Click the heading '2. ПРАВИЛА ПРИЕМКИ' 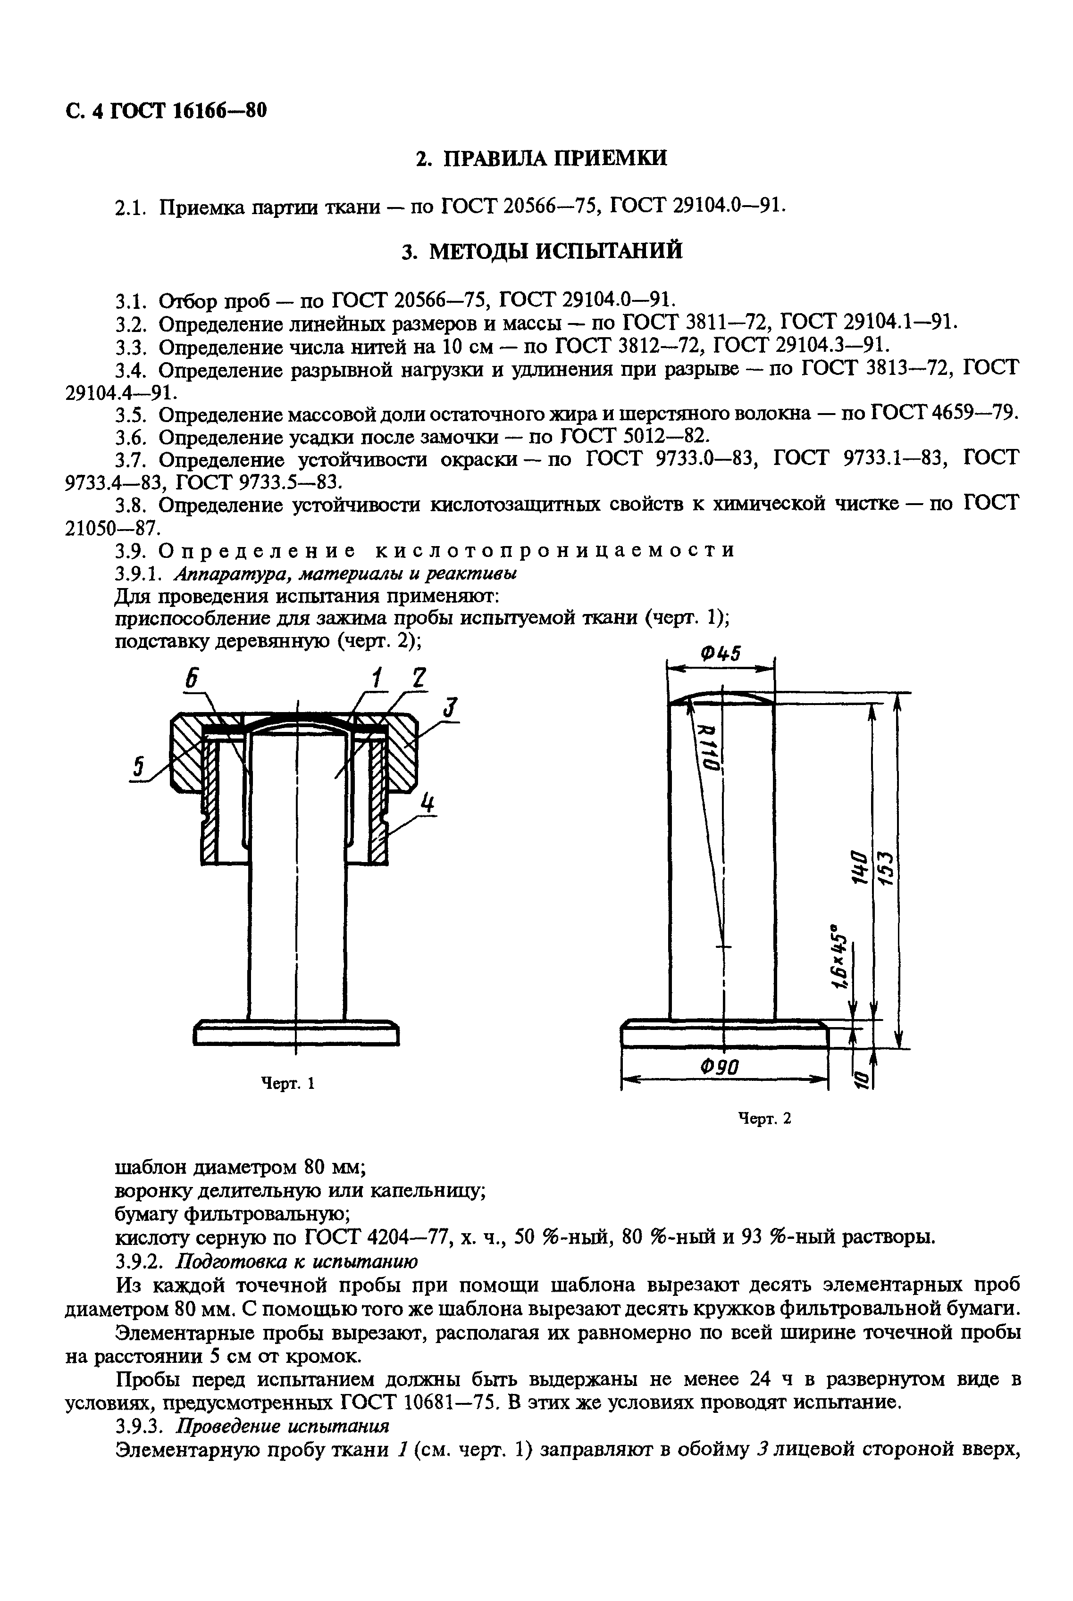click(541, 158)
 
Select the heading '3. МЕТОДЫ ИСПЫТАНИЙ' click(541, 251)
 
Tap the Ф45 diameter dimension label click(721, 654)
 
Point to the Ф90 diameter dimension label click(721, 1066)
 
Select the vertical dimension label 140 click(855, 867)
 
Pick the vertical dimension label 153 click(886, 867)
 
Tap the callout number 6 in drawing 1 click(193, 679)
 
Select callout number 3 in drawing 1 click(450, 707)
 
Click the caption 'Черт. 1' click(288, 1083)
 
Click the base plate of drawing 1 click(296, 1034)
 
